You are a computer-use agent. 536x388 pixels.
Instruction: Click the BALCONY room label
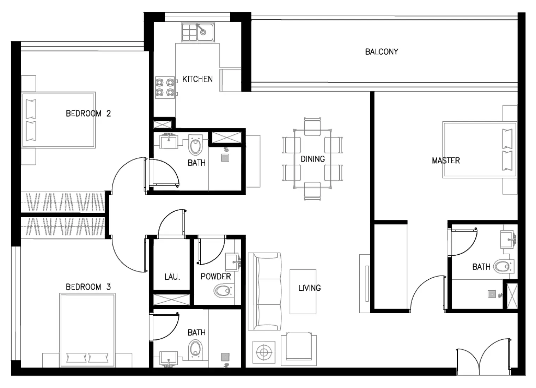[x=382, y=52]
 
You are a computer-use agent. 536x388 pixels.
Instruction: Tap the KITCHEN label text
[x=197, y=79]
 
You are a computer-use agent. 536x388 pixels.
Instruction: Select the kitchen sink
[x=198, y=32]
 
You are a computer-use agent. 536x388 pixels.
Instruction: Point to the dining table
[x=312, y=159]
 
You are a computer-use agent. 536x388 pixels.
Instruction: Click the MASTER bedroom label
[x=446, y=160]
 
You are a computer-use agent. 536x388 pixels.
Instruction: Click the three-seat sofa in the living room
[x=264, y=291]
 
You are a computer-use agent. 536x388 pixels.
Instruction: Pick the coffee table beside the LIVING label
[x=303, y=292]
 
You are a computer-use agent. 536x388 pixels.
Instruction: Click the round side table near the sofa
[x=263, y=352]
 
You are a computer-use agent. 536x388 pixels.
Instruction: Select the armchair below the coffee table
[x=299, y=350]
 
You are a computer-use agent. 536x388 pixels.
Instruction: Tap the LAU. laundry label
[x=172, y=277]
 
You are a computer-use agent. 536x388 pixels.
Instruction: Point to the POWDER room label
[x=215, y=277]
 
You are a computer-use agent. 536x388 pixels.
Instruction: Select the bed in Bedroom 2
[x=59, y=120]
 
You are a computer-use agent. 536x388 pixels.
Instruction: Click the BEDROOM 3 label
[x=88, y=287]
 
